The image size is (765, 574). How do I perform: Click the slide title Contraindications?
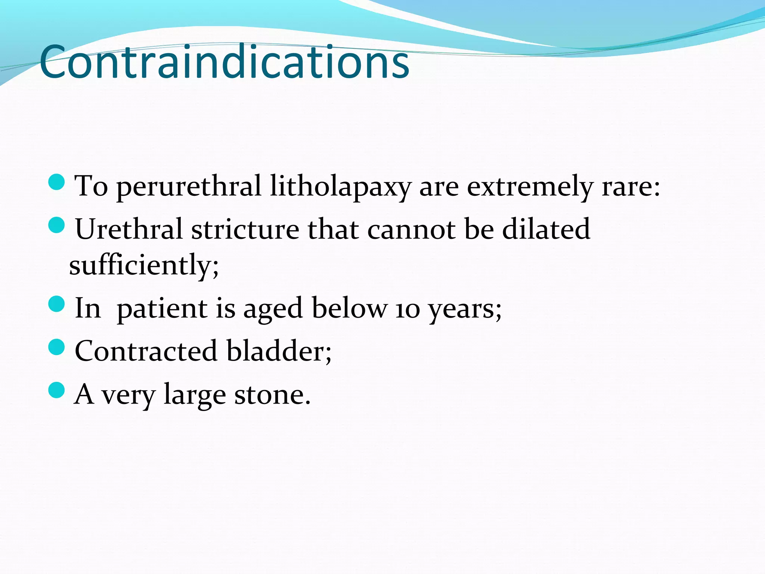(x=224, y=62)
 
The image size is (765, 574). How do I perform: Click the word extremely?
(x=530, y=186)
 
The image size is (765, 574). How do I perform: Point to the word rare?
(x=631, y=186)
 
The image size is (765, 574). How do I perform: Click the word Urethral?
(x=128, y=229)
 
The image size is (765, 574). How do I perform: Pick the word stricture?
(x=245, y=229)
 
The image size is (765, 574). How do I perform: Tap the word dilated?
(x=546, y=229)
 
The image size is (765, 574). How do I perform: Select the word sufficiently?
(x=144, y=265)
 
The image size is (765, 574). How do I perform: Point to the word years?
(x=465, y=309)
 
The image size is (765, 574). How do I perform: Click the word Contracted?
(x=146, y=351)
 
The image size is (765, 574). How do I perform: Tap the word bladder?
(x=279, y=351)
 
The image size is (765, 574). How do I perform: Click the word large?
(x=195, y=395)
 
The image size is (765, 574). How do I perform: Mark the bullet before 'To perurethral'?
(x=57, y=182)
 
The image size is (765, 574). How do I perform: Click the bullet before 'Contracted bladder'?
(x=57, y=347)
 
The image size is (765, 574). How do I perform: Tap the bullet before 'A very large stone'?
(x=57, y=390)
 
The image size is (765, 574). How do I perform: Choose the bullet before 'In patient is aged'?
(x=57, y=304)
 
